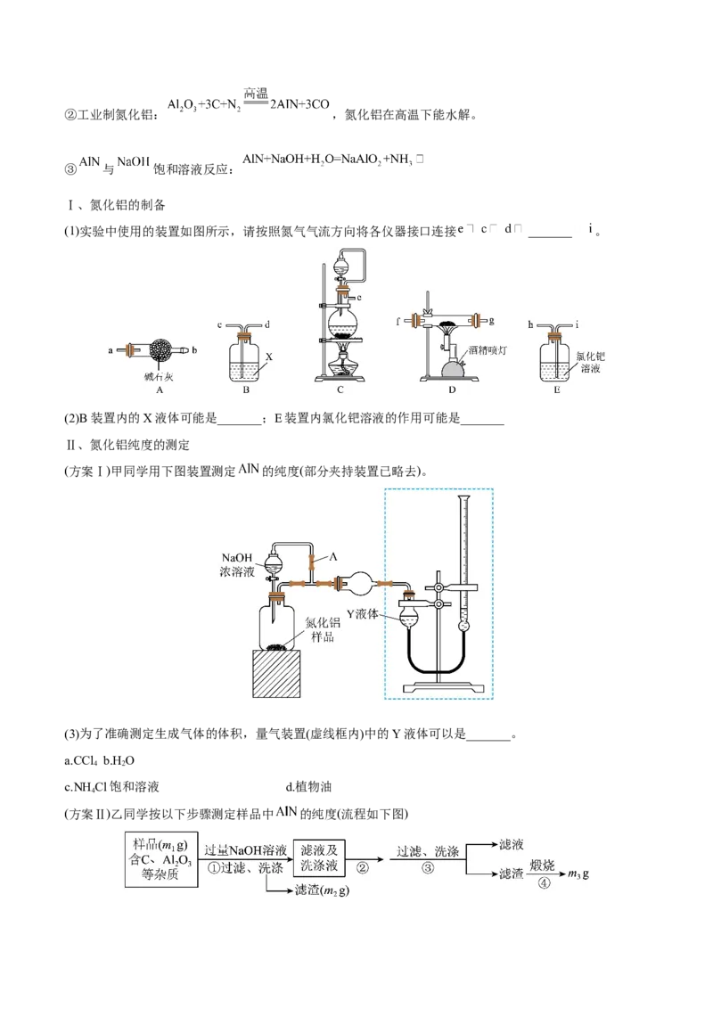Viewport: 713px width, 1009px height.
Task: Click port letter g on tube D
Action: point(491,318)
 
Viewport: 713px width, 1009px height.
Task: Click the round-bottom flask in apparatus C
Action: point(342,319)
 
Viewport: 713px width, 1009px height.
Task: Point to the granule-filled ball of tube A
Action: point(163,349)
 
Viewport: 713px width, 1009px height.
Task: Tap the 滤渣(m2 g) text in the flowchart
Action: point(322,890)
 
